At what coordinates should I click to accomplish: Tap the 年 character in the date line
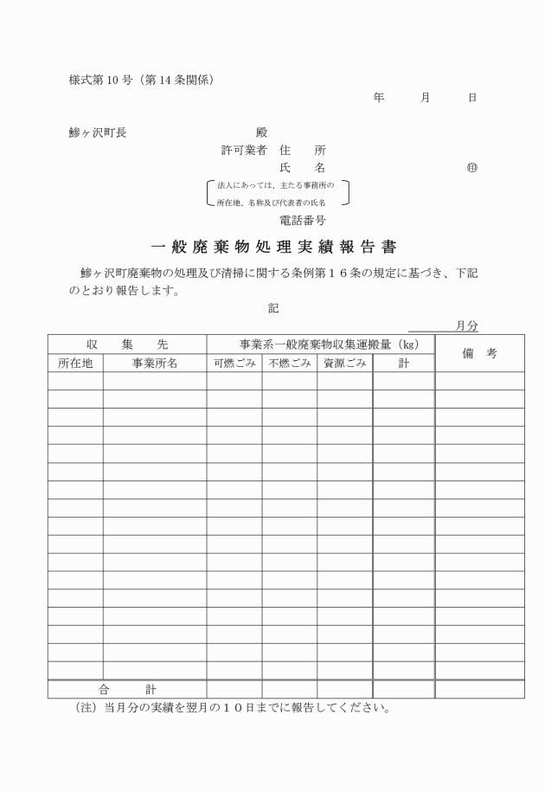click(x=378, y=98)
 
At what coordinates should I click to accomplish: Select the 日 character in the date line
click(x=471, y=98)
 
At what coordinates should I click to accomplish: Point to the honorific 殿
click(x=261, y=132)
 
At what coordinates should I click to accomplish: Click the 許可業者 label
click(x=244, y=150)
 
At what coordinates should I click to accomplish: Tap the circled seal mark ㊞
click(x=471, y=167)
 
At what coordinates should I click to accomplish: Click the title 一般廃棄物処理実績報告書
click(x=272, y=246)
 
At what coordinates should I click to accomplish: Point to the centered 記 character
click(x=273, y=306)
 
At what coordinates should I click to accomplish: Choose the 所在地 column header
click(x=75, y=364)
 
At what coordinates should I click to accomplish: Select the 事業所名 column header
click(x=155, y=364)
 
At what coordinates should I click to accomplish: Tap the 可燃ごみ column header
click(x=234, y=364)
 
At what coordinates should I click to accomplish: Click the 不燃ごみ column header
click(x=290, y=364)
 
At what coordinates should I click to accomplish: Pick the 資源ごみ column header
click(x=345, y=364)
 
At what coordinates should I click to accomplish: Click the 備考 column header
click(x=479, y=353)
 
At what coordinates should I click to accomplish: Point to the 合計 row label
click(x=127, y=690)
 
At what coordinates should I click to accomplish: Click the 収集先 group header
click(x=127, y=344)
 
